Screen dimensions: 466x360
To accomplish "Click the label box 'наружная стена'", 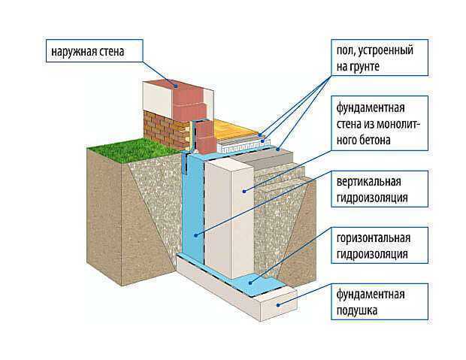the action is pyautogui.click(x=95, y=51).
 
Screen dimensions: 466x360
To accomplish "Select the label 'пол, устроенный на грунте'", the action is pyautogui.click(x=380, y=58).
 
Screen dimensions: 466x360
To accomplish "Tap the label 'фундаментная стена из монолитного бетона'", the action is pyautogui.click(x=380, y=123).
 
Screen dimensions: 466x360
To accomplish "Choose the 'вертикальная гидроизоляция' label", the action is pyautogui.click(x=380, y=189).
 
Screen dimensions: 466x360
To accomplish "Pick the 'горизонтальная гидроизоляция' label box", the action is pyautogui.click(x=380, y=246).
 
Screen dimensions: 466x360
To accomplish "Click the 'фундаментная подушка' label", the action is pyautogui.click(x=380, y=302).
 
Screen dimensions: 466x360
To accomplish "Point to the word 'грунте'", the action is pyautogui.click(x=358, y=66).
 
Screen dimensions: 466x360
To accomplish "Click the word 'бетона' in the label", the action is pyautogui.click(x=374, y=140).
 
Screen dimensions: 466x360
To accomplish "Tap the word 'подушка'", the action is pyautogui.click(x=357, y=310).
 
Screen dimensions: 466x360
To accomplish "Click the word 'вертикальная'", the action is pyautogui.click(x=369, y=181).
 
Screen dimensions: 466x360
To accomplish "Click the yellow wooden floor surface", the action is pyautogui.click(x=235, y=130).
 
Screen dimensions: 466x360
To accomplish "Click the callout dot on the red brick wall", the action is pyautogui.click(x=176, y=86).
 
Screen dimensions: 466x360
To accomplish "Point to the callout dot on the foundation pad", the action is pyautogui.click(x=278, y=305).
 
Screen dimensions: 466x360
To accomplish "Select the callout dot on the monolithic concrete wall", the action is pyautogui.click(x=244, y=192).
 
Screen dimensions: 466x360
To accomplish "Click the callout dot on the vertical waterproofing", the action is pyautogui.click(x=196, y=235).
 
